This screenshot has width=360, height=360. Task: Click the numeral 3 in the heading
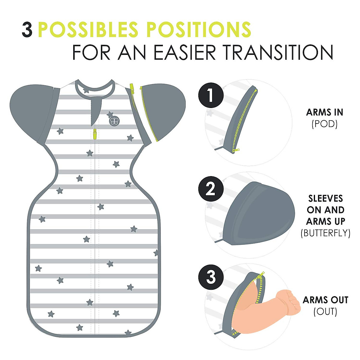pos(27,30)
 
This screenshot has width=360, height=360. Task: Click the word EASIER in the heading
pos(184,52)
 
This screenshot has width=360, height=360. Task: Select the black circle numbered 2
pos(211,190)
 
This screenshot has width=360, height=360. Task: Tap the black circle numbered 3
pos(211,277)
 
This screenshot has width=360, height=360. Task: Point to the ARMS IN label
pos(325,112)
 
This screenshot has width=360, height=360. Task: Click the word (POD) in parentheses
pos(325,124)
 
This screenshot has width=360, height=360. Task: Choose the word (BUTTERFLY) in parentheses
pos(325,233)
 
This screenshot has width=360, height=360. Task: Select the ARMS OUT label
pos(325,300)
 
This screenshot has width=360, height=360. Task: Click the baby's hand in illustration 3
pos(289,301)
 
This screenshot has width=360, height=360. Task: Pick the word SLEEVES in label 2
pos(325,198)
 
